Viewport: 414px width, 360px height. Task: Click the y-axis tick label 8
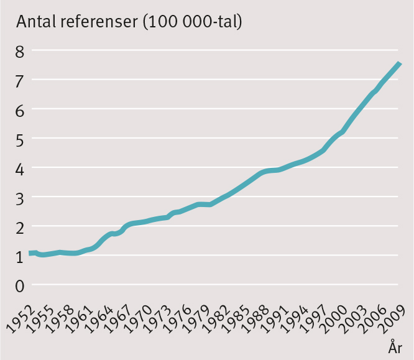pyautogui.click(x=21, y=51)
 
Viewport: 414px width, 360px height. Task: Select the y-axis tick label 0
pyautogui.click(x=21, y=286)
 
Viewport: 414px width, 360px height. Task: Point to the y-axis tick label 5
pyautogui.click(x=21, y=139)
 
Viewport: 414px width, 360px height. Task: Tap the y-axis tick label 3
pyautogui.click(x=21, y=198)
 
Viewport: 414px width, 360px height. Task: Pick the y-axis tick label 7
pyautogui.click(x=21, y=81)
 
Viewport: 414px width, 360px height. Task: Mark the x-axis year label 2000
pyautogui.click(x=331, y=316)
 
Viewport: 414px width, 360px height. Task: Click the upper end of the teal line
pyautogui.click(x=400, y=63)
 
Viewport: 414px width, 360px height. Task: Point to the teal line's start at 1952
pyautogui.click(x=30, y=253)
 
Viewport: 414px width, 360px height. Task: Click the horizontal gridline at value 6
pyautogui.click(x=218, y=110)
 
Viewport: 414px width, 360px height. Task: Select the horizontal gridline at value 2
pyautogui.click(x=218, y=227)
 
